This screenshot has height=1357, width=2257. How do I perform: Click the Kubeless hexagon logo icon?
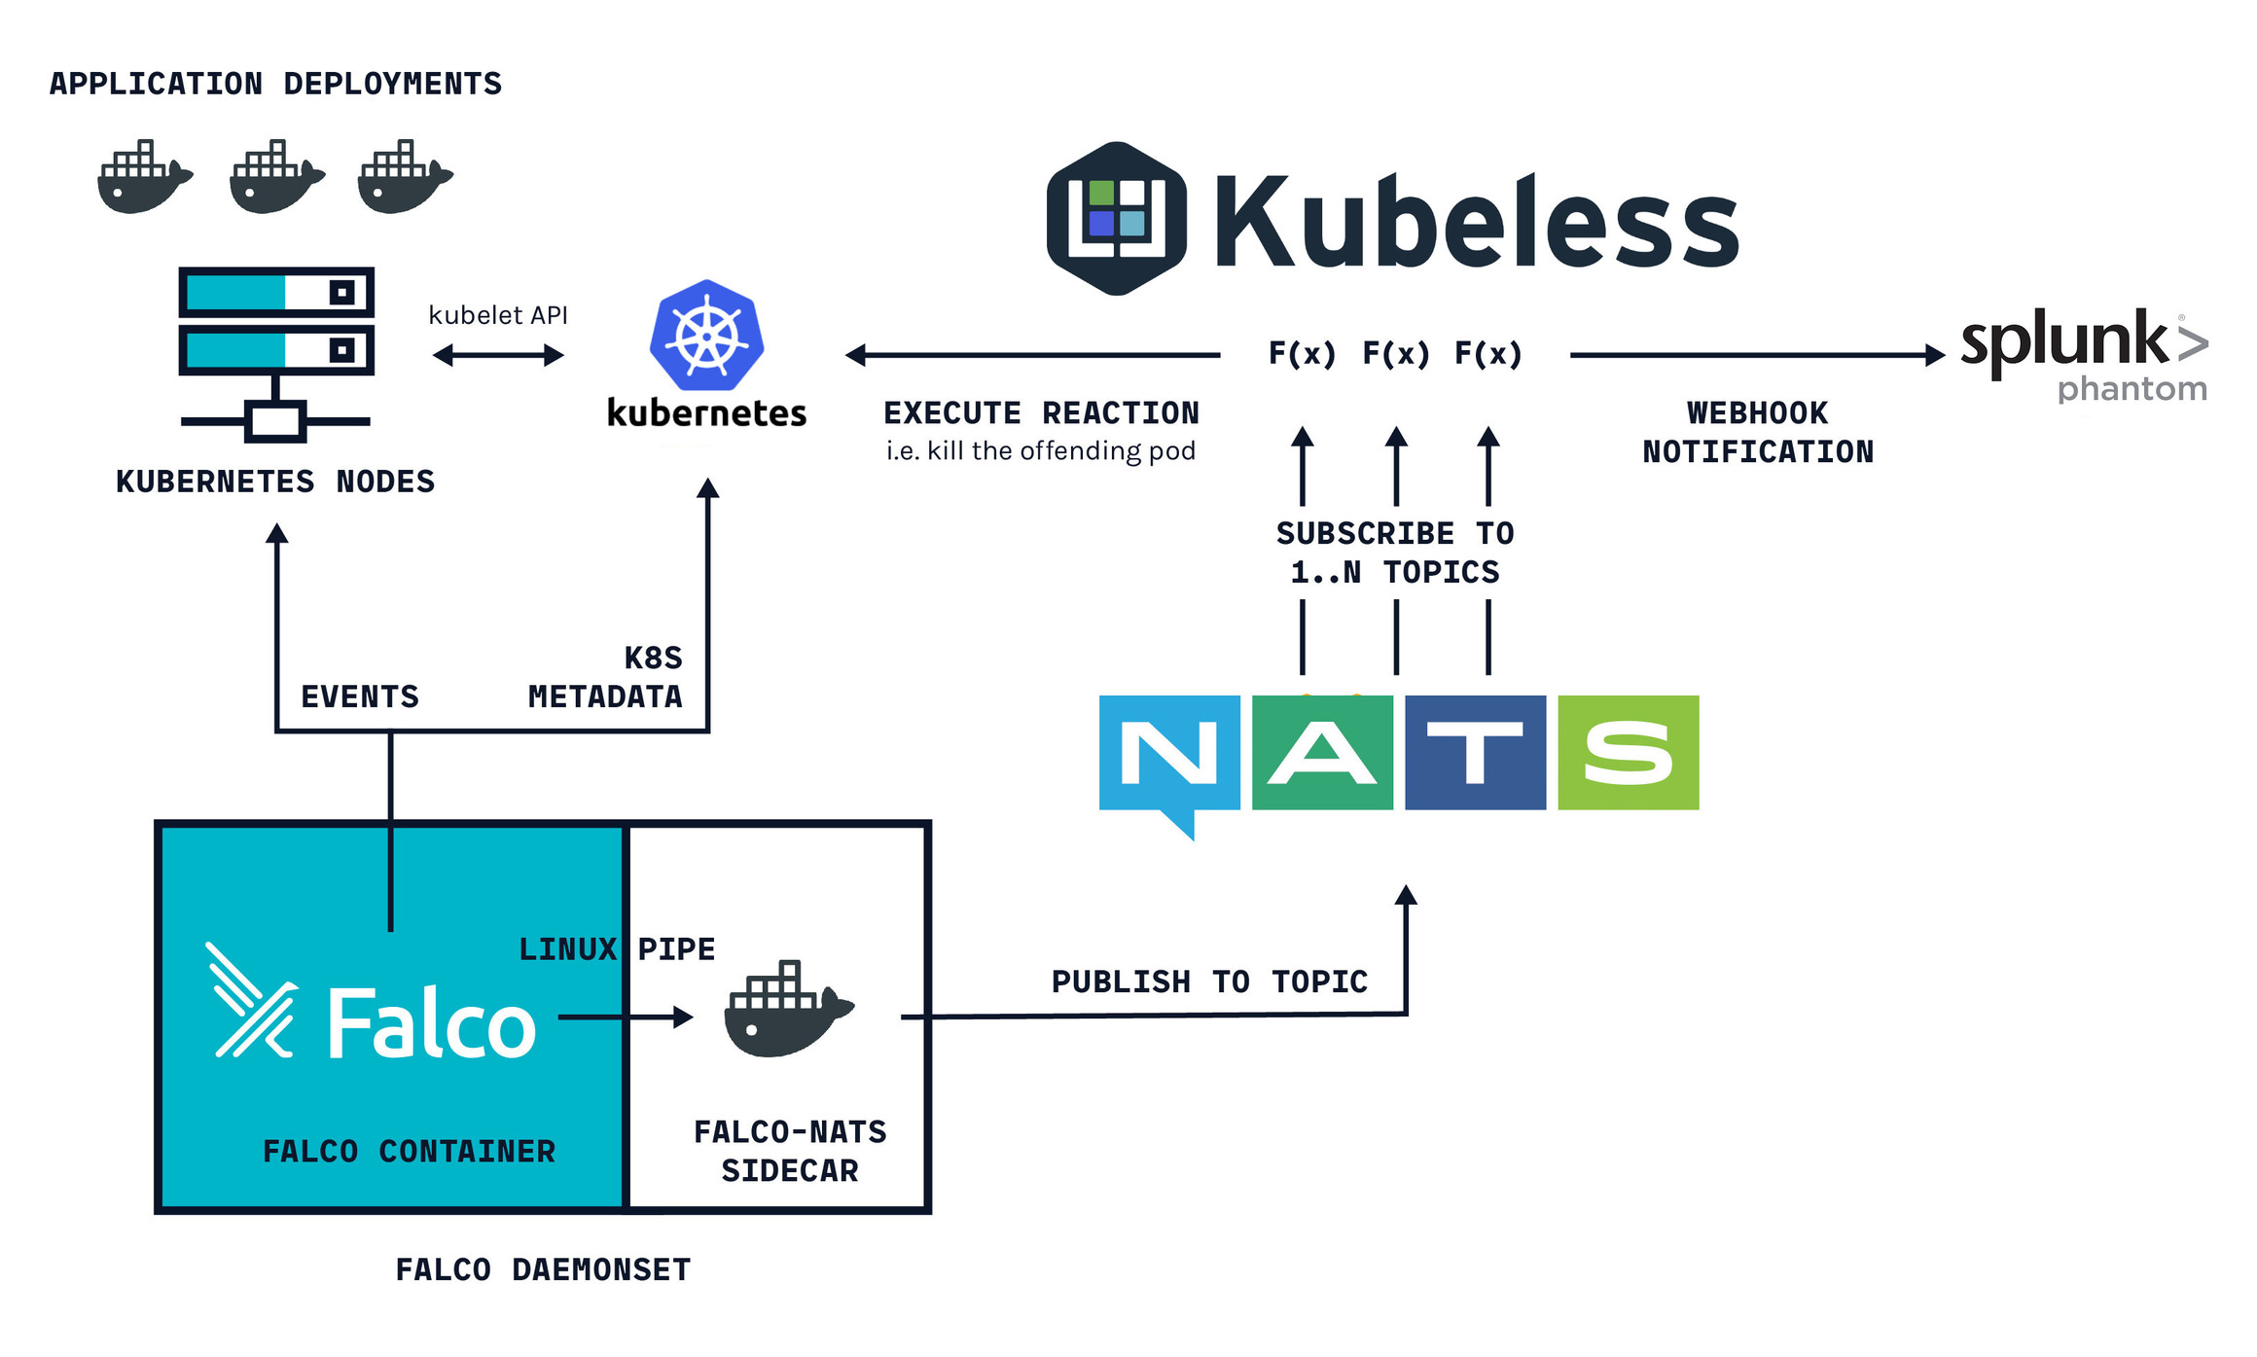tap(1116, 219)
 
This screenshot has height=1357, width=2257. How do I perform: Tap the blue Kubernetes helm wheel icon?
tap(706, 336)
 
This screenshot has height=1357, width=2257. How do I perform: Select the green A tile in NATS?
tap(1322, 752)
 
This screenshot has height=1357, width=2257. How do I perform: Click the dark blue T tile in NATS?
tap(1475, 752)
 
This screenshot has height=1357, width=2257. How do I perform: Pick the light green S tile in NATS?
tap(1628, 752)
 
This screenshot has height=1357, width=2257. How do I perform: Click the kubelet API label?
tap(498, 315)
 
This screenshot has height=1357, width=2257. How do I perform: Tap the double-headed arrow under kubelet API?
tap(498, 355)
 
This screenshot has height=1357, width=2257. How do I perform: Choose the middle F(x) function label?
tap(1395, 353)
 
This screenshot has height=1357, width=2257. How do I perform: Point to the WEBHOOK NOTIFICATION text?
tap(1757, 432)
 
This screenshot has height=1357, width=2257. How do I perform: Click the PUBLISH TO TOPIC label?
tap(1209, 982)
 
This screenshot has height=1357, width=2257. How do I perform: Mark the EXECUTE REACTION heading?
tap(1041, 413)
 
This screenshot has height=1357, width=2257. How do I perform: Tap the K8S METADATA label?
tap(605, 677)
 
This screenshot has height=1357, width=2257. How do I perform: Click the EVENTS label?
tap(360, 696)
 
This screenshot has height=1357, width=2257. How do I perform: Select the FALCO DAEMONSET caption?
tap(543, 1269)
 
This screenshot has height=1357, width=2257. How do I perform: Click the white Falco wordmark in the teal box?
tap(430, 1023)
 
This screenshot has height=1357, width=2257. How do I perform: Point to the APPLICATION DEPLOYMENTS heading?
tap(275, 84)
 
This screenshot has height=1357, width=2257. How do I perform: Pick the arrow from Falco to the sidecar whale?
tap(625, 1018)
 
